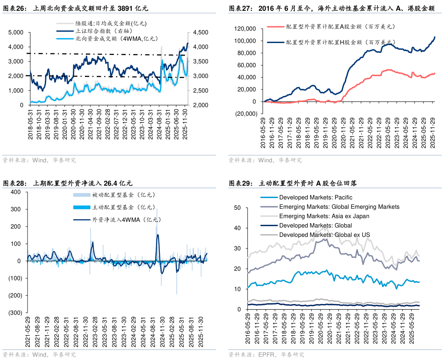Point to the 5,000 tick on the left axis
pos(16,32)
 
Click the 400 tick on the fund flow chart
pos(16,192)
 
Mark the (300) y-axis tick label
pos(15,313)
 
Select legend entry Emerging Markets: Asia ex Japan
pos(324,216)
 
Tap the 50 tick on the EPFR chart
pos(237,208)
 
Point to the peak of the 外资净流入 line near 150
pos(157,235)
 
